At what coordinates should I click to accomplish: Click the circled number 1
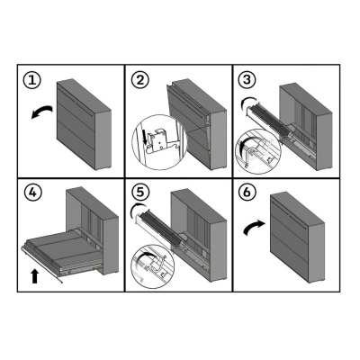tap(32, 80)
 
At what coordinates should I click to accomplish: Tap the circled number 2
tap(139, 80)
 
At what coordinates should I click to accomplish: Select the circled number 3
tap(247, 80)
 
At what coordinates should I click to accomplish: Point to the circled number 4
tap(32, 193)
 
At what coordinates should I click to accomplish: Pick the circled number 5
tap(139, 193)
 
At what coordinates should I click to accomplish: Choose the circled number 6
tap(247, 193)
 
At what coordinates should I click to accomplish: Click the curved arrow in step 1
tap(42, 111)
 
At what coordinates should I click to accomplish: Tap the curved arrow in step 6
tap(254, 227)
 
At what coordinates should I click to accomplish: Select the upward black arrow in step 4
tap(34, 275)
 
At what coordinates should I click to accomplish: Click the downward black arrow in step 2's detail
tap(146, 137)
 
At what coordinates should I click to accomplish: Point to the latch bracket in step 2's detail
tap(160, 139)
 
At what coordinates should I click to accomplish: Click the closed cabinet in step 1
tap(84, 124)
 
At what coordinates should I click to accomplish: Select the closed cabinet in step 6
tap(297, 238)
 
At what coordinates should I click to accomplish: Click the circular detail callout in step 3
tap(258, 152)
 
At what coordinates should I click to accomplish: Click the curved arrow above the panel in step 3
tap(249, 100)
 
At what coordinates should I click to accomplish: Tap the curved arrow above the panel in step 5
tap(139, 205)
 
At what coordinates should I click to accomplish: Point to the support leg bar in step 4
tap(42, 265)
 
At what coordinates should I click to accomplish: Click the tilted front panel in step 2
tap(187, 117)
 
